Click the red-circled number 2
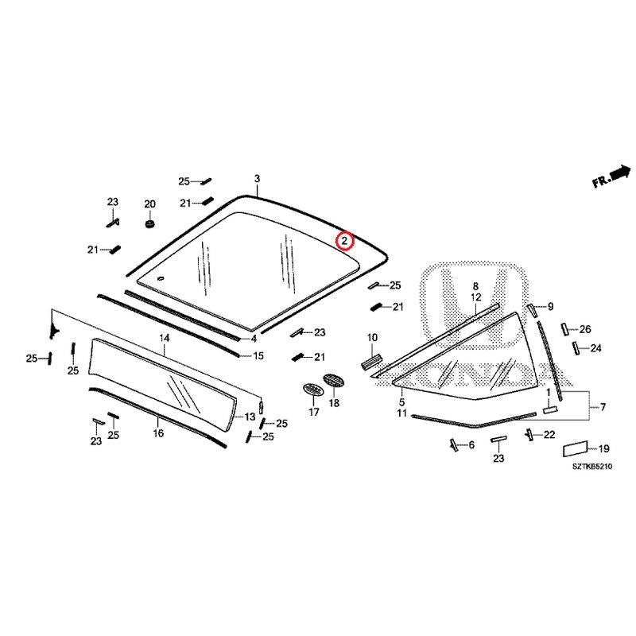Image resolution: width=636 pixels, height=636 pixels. click(344, 241)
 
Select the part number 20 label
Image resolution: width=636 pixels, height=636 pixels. click(149, 204)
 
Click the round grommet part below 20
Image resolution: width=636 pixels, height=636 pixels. click(150, 223)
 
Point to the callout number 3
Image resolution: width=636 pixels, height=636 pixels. click(257, 178)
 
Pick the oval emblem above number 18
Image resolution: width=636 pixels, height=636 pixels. click(333, 381)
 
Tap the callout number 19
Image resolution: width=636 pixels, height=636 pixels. click(604, 448)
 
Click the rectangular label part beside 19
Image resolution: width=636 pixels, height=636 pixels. click(575, 449)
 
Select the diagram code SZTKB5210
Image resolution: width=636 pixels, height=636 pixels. click(592, 467)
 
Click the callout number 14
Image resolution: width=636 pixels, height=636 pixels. click(165, 338)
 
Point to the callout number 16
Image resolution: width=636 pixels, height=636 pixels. click(158, 433)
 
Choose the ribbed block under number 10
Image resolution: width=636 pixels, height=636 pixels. click(371, 362)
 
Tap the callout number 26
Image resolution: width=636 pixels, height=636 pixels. click(585, 329)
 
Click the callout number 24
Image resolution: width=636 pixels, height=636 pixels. click(595, 348)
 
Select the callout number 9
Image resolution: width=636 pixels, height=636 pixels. click(550, 306)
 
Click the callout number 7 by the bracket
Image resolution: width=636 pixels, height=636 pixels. click(603, 407)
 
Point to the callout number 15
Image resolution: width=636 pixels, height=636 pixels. click(258, 355)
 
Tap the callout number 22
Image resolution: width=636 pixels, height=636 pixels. click(549, 435)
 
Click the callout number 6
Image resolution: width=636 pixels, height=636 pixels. click(471, 445)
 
